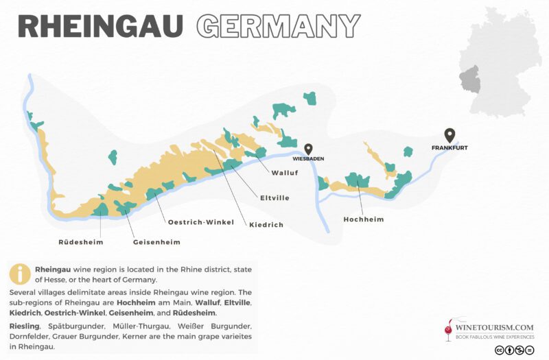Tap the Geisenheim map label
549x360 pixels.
click(x=156, y=241)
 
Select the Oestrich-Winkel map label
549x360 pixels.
click(x=201, y=221)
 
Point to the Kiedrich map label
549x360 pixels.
click(x=266, y=224)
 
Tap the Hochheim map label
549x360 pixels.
click(x=363, y=219)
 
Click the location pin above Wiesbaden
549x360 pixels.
click(x=309, y=149)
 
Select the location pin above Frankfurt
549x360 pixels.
click(x=449, y=134)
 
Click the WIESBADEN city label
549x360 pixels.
click(x=309, y=158)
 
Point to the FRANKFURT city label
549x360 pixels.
click(x=449, y=147)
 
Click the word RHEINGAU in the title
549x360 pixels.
click(x=100, y=26)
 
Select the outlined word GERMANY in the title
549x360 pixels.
click(x=278, y=26)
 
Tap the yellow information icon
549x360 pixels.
click(x=20, y=274)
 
